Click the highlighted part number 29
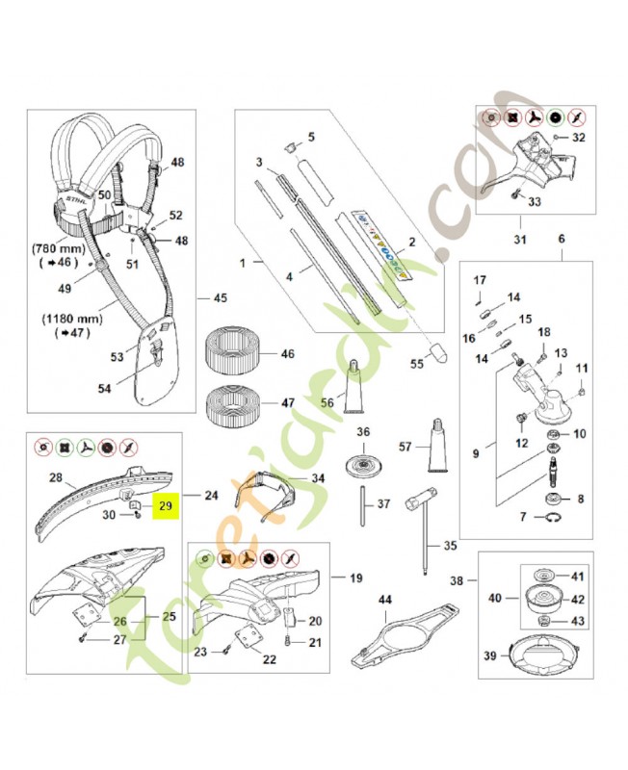[x=166, y=504]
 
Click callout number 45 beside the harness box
[x=221, y=297]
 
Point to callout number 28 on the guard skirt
[x=55, y=477]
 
